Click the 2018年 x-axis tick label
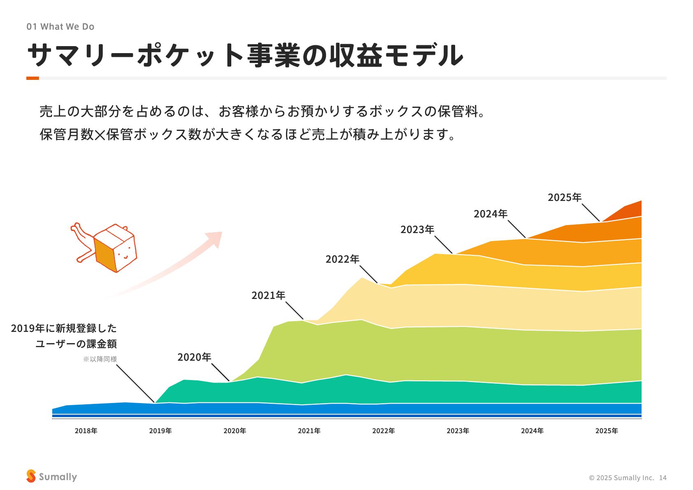point(86,431)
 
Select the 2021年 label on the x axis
point(309,431)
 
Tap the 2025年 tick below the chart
point(607,431)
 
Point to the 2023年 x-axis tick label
point(458,431)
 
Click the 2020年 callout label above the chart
point(194,357)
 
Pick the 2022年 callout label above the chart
point(342,259)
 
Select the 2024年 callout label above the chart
point(491,214)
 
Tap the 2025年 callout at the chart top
point(565,197)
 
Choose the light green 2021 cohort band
point(453,354)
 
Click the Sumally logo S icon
point(31,476)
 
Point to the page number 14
point(663,478)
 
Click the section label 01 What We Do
point(60,27)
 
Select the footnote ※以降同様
point(100,359)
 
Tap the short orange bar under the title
point(33,78)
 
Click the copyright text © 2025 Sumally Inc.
point(621,478)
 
